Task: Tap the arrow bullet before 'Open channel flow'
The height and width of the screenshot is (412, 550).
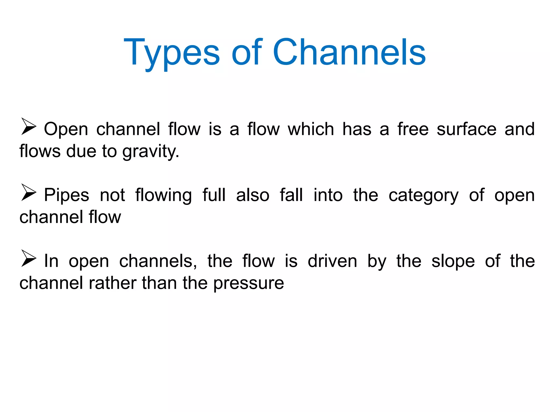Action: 28,126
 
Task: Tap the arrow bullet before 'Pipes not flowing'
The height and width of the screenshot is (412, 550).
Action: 28,192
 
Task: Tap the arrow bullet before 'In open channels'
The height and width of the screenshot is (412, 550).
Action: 28,258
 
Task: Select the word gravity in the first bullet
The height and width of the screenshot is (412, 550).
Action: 150,152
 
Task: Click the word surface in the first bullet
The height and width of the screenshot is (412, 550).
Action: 466,129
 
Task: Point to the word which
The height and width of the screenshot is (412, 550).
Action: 311,129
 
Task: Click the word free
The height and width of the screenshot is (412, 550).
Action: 413,129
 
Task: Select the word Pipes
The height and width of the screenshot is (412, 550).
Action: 66,195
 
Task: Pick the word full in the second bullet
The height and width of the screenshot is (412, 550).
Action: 214,195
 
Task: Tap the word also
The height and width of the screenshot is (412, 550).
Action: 252,195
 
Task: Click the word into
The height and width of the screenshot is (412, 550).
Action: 328,195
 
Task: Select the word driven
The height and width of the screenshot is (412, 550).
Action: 332,261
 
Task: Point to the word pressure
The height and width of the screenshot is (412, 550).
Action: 249,284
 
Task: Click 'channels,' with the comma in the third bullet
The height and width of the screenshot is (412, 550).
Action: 158,261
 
